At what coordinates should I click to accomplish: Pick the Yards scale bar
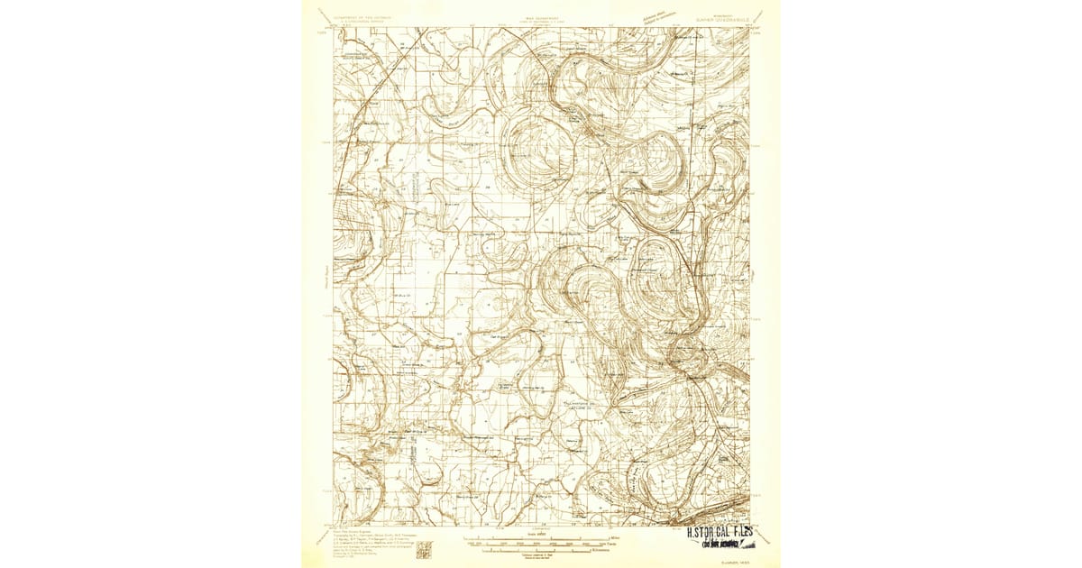pyautogui.click(x=541, y=544)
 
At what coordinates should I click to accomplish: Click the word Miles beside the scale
pyautogui.click(x=597, y=538)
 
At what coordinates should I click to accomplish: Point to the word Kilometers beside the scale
pyautogui.click(x=601, y=549)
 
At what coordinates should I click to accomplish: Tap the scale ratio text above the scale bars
pyautogui.click(x=540, y=533)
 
